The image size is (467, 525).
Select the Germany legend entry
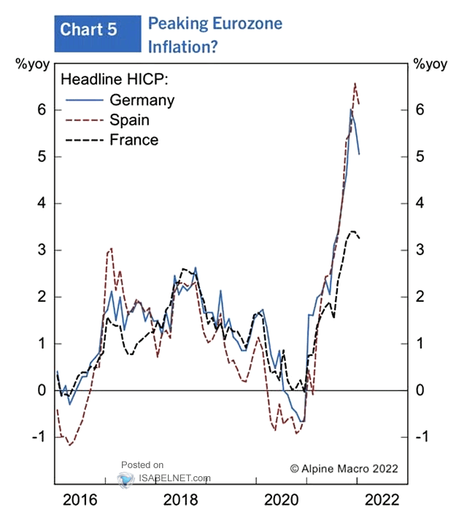[142, 99]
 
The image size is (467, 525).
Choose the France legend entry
[134, 139]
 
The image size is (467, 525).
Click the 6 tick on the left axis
[42, 109]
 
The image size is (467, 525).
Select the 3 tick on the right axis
[418, 250]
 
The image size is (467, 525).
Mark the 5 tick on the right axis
[418, 157]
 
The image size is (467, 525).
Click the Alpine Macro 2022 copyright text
[344, 468]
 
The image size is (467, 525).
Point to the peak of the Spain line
[355, 83]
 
